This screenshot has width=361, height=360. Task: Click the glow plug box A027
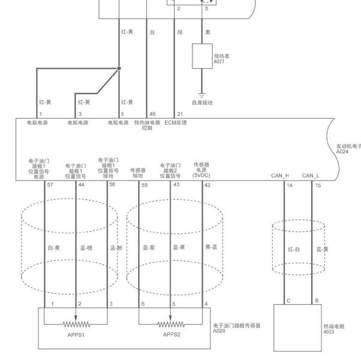click(202, 56)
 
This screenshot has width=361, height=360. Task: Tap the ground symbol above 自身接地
click(202, 95)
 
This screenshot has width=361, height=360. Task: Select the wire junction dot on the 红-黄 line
click(119, 68)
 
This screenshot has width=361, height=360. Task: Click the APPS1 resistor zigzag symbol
click(76, 325)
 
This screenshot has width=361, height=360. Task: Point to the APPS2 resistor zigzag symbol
click(171, 325)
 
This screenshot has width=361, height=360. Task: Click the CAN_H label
click(279, 176)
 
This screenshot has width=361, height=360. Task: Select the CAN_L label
click(311, 176)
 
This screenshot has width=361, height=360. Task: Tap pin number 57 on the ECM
click(50, 184)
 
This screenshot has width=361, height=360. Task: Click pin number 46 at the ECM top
click(152, 114)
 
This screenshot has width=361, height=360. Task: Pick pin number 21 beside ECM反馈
click(180, 114)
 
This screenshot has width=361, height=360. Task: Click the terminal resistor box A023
click(297, 328)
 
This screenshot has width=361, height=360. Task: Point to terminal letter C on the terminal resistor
click(288, 301)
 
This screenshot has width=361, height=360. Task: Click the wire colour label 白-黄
click(54, 248)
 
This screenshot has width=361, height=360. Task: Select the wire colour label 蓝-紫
click(149, 248)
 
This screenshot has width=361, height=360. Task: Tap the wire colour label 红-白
click(294, 249)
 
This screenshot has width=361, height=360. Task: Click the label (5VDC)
click(201, 175)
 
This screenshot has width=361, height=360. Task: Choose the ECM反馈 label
click(176, 122)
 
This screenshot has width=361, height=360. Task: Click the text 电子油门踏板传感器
click(237, 325)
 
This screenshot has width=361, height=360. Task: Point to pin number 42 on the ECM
click(207, 185)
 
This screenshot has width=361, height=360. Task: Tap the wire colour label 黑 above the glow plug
click(207, 32)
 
